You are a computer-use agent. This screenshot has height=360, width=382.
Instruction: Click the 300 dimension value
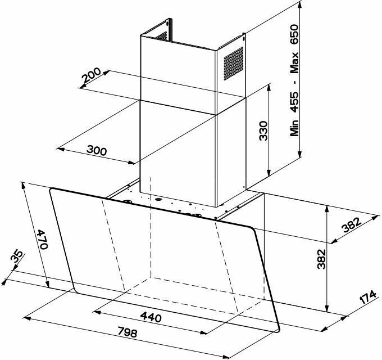(97, 150)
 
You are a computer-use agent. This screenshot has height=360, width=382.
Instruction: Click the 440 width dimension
(151, 318)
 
